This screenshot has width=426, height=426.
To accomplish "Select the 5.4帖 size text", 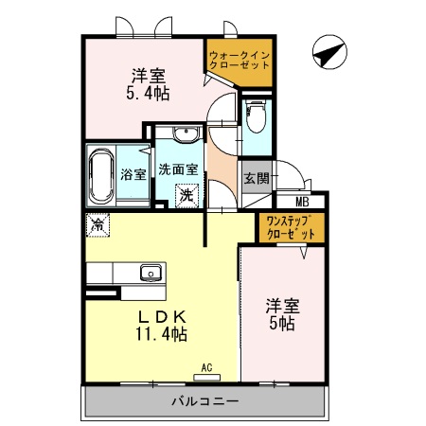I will click(149, 94).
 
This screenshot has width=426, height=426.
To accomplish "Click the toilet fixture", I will click(255, 118).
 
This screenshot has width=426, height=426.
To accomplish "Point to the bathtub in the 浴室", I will click(100, 174).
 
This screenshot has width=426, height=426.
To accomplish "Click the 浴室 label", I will click(134, 174).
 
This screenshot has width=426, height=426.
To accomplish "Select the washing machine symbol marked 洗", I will click(187, 194).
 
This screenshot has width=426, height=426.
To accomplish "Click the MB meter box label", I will click(302, 201).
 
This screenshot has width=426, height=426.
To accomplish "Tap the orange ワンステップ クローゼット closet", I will click(290, 227).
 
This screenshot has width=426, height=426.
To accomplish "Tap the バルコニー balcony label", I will click(204, 401).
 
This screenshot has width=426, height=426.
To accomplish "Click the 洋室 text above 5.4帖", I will click(149, 75).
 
